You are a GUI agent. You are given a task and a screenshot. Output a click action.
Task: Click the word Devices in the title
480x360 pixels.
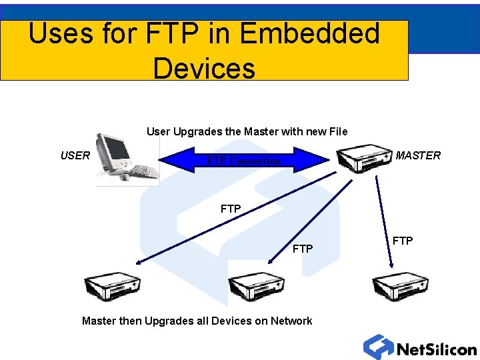tap(204, 68)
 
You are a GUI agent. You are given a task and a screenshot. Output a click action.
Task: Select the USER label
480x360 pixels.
tap(75, 155)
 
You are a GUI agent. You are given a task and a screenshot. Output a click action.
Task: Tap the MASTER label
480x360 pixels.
tap(418, 155)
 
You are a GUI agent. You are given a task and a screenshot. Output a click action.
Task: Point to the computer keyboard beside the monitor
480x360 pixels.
tap(143, 171)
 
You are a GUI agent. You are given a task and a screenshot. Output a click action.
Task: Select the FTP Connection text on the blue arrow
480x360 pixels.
tap(244, 161)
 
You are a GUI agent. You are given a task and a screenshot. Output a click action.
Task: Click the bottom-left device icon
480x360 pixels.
tap(112, 287)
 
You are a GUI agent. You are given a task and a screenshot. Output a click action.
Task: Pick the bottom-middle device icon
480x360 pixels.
tap(257, 287)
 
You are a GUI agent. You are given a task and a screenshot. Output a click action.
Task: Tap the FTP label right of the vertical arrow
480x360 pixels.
tap(402, 241)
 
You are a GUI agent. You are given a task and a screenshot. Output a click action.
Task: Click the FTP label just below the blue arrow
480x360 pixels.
tap(231, 209)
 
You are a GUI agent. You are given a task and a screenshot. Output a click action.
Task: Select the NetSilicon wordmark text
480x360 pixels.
tap(437, 349)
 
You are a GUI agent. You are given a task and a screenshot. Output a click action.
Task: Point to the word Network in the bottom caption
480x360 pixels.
tap(291, 321)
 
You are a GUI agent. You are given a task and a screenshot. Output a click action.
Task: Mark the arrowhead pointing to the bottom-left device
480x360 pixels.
tap(136, 263)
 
